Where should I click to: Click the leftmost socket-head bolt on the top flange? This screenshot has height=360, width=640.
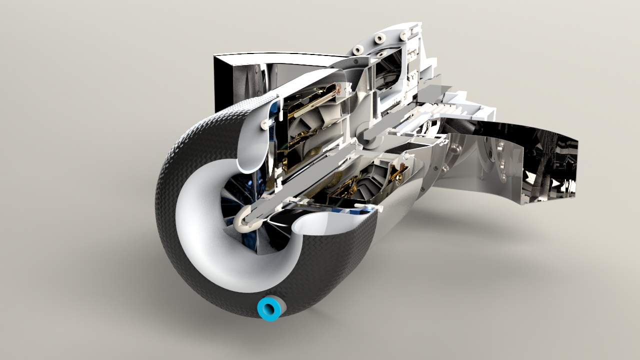click(358, 50)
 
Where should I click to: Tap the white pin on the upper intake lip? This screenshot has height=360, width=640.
click(263, 123)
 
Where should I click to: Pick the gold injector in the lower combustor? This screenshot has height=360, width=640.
click(394, 173)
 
